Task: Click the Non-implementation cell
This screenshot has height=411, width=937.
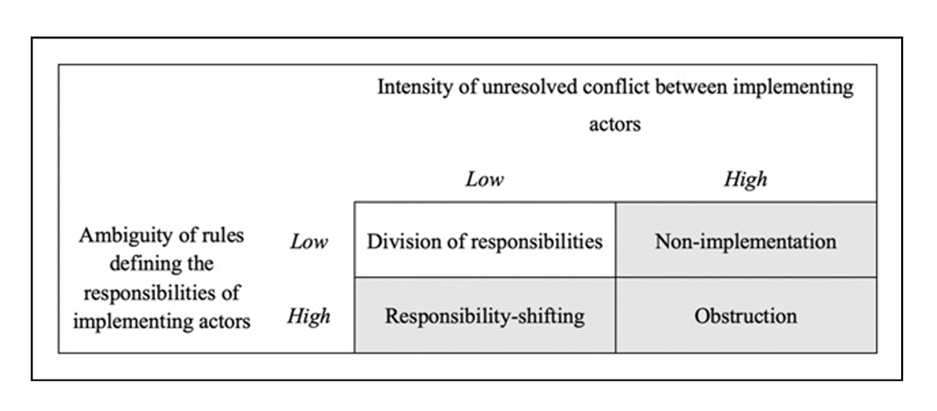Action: [746, 240]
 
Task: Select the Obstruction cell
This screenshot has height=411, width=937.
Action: [746, 316]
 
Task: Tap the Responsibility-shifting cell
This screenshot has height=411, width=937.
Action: [484, 316]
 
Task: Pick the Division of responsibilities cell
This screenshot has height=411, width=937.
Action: [484, 240]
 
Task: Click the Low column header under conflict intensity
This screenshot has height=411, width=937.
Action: [484, 179]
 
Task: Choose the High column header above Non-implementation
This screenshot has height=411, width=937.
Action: [746, 179]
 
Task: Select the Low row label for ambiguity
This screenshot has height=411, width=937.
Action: [309, 241]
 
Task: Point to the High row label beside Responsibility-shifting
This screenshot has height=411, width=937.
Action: [309, 316]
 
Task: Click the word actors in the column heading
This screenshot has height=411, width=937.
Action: [615, 124]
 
